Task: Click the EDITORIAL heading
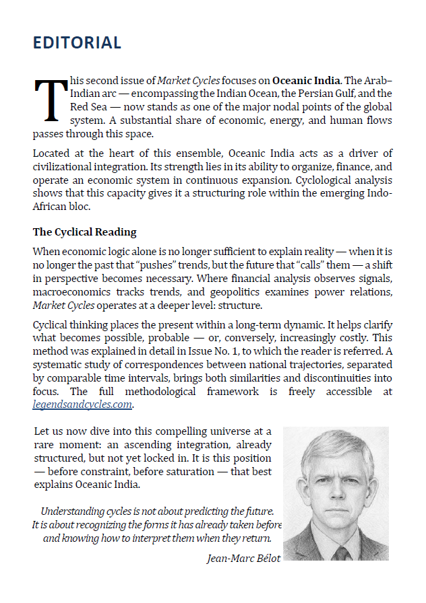click(x=77, y=43)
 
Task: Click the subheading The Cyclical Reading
click(x=84, y=232)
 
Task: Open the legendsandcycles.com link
click(x=82, y=404)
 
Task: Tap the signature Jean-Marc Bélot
click(x=243, y=558)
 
